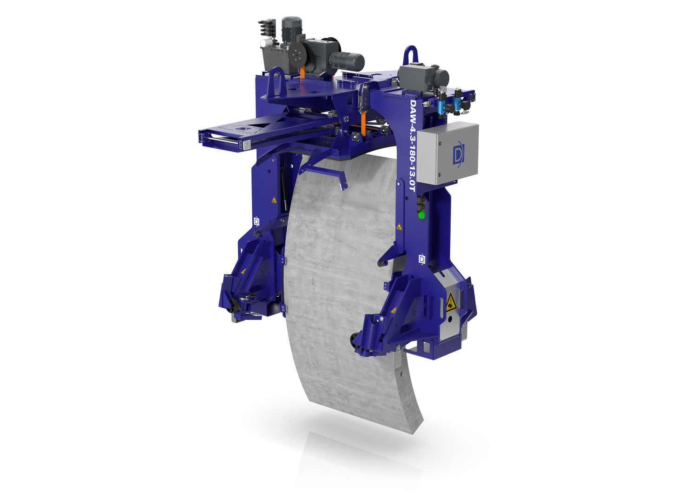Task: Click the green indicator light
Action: click(x=421, y=214)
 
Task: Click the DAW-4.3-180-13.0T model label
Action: click(x=412, y=146)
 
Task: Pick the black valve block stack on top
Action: click(x=267, y=28)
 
